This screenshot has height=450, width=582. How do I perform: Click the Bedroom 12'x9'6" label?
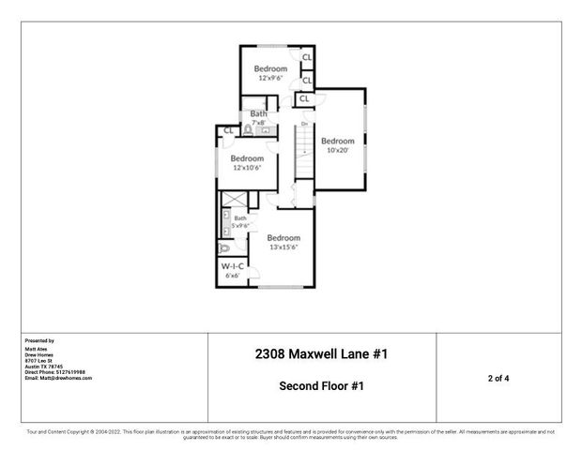click(x=270, y=73)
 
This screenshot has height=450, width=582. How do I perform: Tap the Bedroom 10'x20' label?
click(x=338, y=144)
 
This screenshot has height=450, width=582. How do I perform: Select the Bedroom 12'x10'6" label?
click(x=248, y=163)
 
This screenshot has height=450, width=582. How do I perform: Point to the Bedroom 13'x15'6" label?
click(x=283, y=243)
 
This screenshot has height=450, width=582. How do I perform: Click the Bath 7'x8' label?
click(x=258, y=118)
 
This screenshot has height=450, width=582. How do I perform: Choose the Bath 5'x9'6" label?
click(x=240, y=222)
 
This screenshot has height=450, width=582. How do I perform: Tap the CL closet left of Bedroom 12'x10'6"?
click(x=228, y=130)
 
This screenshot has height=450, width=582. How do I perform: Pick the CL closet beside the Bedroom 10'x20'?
click(x=305, y=98)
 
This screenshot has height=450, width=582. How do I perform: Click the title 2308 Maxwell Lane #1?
click(x=321, y=354)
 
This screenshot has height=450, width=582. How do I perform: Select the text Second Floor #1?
click(x=321, y=385)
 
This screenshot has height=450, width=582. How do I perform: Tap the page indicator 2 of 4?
click(x=498, y=378)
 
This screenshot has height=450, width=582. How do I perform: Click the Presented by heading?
click(x=39, y=340)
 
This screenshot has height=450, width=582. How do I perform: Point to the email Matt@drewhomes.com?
click(x=58, y=378)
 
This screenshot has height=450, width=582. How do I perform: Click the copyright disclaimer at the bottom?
click(x=291, y=434)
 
